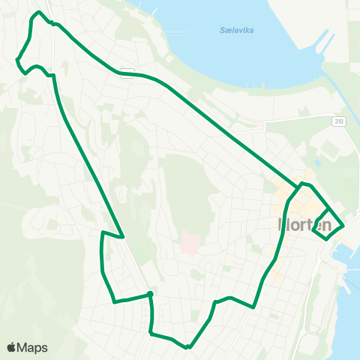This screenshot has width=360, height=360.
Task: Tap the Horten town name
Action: tap(304, 224)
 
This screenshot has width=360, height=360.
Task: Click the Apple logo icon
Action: tap(12, 347)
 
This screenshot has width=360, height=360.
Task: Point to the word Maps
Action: tap(32, 347)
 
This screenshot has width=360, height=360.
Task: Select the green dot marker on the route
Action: tap(151, 294)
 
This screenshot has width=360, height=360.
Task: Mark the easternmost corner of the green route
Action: tap(343, 224)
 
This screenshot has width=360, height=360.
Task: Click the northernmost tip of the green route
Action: tap(37, 13)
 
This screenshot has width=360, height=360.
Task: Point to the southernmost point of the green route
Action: tap(189, 347)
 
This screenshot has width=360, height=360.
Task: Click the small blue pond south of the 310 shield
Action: tap(318, 162)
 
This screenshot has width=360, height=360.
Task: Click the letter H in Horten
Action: tap(283, 224)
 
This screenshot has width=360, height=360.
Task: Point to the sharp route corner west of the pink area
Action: tap(122, 237)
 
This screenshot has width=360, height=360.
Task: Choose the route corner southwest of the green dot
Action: tap(114, 302)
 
